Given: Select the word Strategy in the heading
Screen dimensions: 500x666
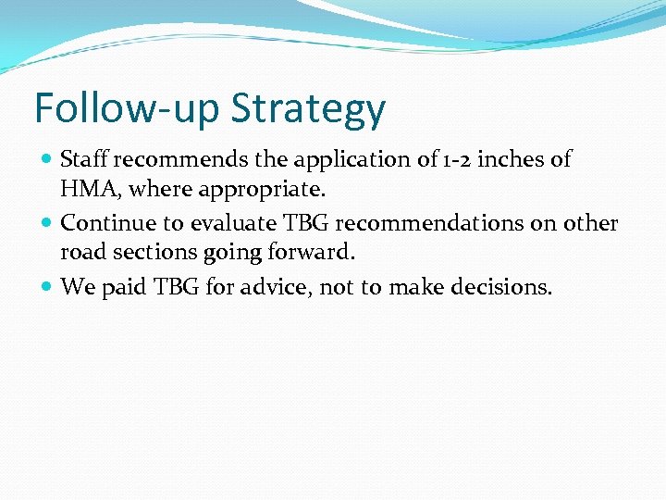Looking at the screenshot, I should click(x=308, y=109).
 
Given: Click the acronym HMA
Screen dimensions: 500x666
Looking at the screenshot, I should click(x=87, y=189).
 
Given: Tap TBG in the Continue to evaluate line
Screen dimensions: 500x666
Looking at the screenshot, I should click(x=302, y=223).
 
